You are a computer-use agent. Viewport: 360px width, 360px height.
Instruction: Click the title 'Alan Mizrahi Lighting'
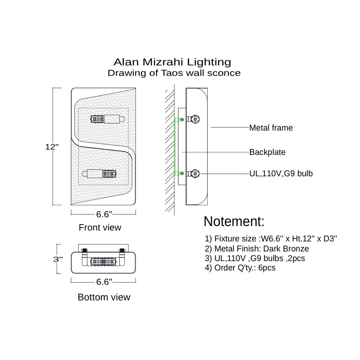172,62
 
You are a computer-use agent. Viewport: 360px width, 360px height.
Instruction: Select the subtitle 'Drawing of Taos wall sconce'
174,73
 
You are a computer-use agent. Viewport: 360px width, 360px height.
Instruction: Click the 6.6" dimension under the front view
104,214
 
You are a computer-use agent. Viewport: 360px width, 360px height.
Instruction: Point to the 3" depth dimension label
58,259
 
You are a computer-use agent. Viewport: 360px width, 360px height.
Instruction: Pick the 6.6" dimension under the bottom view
104,282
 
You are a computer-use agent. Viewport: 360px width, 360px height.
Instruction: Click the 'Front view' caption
100,227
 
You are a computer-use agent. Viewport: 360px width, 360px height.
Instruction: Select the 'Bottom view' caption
104,297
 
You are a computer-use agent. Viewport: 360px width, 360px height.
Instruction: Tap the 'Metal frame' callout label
271,128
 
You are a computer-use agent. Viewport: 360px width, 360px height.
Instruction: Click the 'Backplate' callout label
267,152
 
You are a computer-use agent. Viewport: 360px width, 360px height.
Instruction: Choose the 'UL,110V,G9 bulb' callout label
281,173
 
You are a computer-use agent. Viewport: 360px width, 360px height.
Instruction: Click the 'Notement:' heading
234,221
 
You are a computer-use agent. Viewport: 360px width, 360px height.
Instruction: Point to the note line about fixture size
271,239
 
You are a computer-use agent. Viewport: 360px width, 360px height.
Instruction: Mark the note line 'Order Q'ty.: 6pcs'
240,268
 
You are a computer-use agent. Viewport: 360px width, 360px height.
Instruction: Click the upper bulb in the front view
107,119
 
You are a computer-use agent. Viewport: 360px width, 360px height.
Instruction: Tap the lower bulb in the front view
99,173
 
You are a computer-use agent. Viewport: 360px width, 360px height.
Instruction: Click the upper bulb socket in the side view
194,119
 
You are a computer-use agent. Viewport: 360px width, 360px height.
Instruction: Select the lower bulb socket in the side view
194,173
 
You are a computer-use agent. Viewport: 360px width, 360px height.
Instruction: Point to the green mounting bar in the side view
175,146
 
